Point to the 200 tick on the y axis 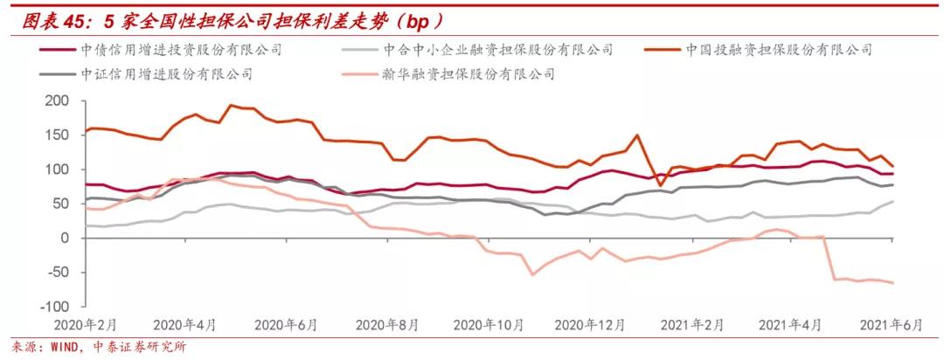tap(55, 101)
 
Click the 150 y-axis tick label tap(55, 135)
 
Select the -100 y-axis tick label tap(52, 307)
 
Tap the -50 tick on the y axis tap(54, 273)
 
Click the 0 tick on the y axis tap(63, 239)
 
